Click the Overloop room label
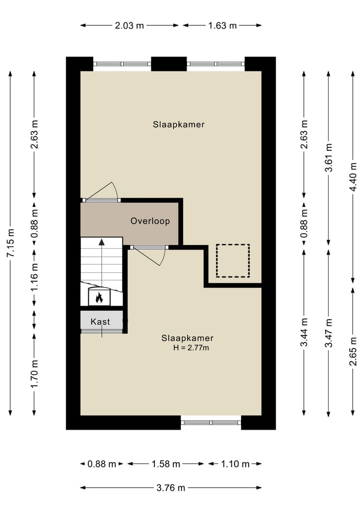pyautogui.click(x=150, y=221)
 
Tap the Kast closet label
pyautogui.click(x=100, y=321)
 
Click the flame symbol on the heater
pyautogui.click(x=99, y=298)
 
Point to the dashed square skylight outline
pyautogui.click(x=233, y=260)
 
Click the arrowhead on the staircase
pyautogui.click(x=101, y=242)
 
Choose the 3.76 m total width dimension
pyautogui.click(x=170, y=487)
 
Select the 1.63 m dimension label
pyautogui.click(x=222, y=25)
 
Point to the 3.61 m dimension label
pyautogui.click(x=329, y=157)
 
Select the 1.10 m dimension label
pyautogui.click(x=234, y=464)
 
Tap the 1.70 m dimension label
pyautogui.click(x=34, y=374)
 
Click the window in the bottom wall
pyautogui.click(x=211, y=422)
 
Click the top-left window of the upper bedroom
pyautogui.click(x=122, y=64)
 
